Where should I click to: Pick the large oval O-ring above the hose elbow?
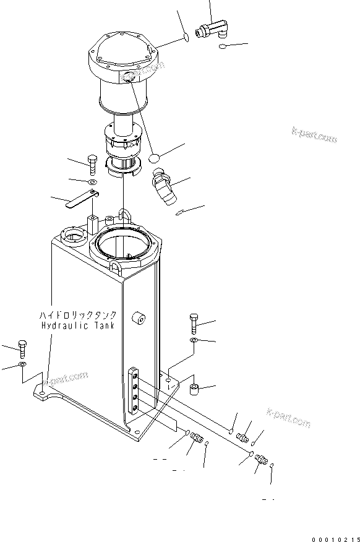(x=157, y=160)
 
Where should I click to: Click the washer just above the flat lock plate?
(x=92, y=183)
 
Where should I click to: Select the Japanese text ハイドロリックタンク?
(x=76, y=315)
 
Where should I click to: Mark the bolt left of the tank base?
(x=23, y=348)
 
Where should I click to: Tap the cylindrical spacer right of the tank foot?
(x=193, y=390)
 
